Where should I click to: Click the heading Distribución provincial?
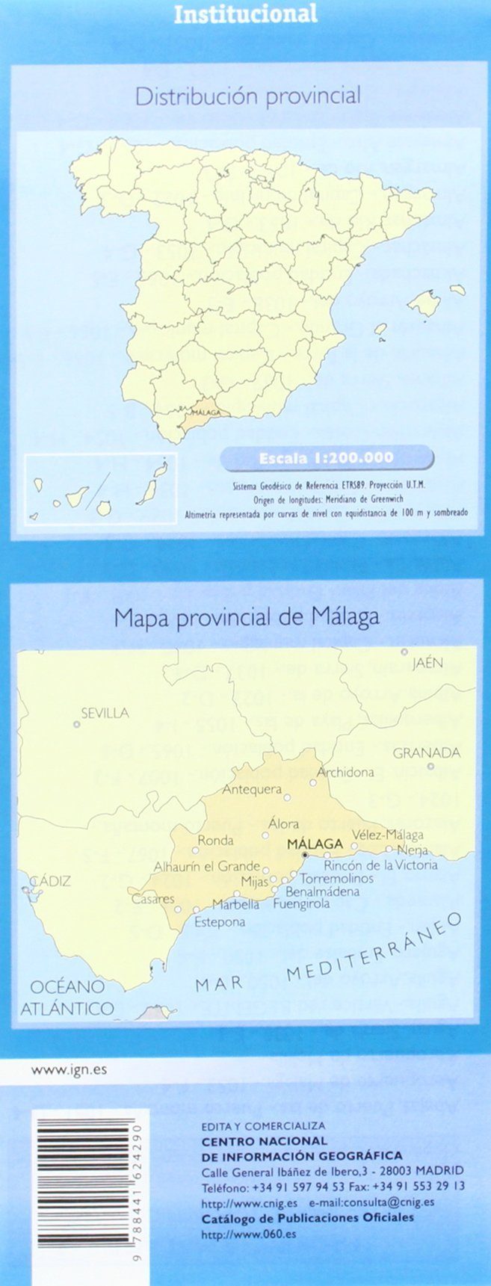(247, 96)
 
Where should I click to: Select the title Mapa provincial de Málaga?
(247, 617)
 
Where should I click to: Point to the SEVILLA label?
(105, 713)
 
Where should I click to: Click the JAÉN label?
(427, 663)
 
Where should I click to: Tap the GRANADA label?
(427, 752)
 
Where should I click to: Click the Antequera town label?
(252, 789)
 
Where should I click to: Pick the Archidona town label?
(345, 772)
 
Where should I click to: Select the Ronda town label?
(215, 840)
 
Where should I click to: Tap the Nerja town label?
(413, 850)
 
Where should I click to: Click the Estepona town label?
(220, 921)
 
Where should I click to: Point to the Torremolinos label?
(336, 878)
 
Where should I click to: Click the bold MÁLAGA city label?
(315, 844)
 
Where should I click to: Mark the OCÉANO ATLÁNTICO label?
(67, 997)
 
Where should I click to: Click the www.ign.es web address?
(69, 1069)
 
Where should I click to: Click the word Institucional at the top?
(245, 13)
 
